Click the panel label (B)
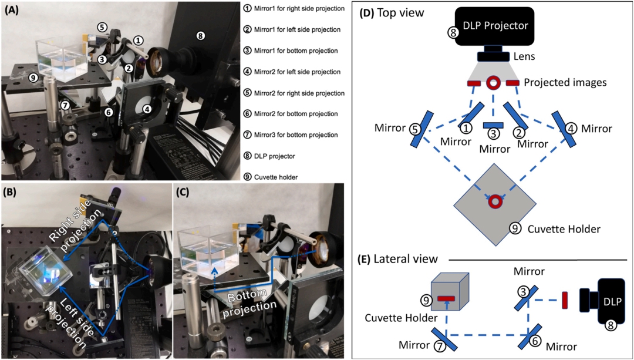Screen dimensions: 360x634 pos(12,192)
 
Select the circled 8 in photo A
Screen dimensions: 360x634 pos(200,36)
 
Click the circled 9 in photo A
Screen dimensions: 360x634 pos(33,78)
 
